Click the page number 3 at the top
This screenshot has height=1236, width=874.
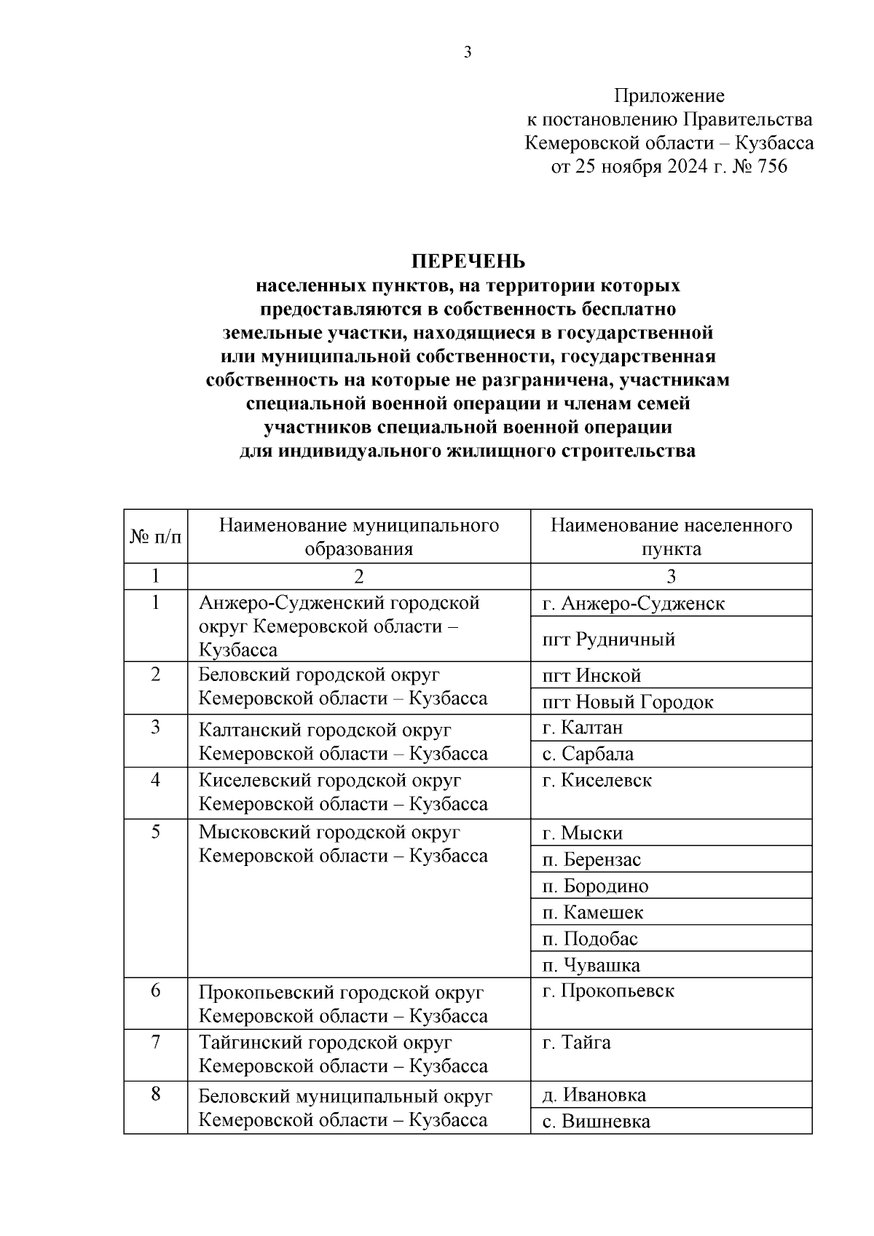(x=467, y=52)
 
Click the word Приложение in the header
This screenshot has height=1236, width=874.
(x=669, y=95)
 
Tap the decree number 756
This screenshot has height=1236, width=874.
(x=772, y=167)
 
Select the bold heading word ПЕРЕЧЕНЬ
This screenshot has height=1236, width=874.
(x=468, y=261)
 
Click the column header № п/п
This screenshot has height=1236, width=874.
(x=155, y=537)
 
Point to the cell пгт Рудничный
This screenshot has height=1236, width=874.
(x=608, y=639)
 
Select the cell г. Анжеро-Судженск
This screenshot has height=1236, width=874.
(x=633, y=603)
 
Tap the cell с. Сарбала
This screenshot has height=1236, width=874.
(x=588, y=754)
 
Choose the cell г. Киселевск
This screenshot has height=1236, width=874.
(x=597, y=781)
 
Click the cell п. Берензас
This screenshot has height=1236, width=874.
(x=591, y=859)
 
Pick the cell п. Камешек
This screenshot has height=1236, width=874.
(x=593, y=913)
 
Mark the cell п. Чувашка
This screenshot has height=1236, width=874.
(x=591, y=966)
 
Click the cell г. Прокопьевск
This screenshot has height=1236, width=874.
(x=608, y=991)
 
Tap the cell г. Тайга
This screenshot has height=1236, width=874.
(x=576, y=1043)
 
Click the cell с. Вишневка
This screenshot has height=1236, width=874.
(x=596, y=1122)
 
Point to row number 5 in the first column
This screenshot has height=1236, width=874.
(x=155, y=832)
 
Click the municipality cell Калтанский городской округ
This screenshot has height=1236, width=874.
(x=343, y=741)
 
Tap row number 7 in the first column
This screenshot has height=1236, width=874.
(x=155, y=1042)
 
